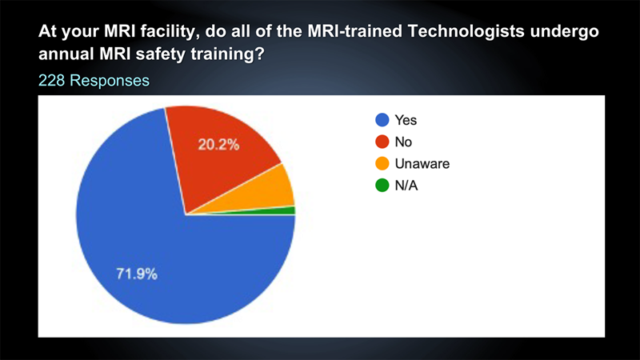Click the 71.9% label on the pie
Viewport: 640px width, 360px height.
(137, 274)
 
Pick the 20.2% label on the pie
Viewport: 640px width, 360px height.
(218, 145)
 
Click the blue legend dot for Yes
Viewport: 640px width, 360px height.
(382, 120)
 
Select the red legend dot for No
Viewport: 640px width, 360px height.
(382, 142)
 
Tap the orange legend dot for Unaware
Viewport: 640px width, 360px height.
(382, 164)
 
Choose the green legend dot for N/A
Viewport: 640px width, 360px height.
(382, 186)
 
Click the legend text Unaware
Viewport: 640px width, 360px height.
(422, 164)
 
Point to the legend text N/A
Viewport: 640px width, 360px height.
(406, 186)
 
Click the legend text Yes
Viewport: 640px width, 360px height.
(406, 120)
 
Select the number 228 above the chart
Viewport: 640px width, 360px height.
(51, 81)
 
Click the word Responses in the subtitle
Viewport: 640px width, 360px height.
(110, 81)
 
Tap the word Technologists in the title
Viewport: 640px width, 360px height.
(466, 31)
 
